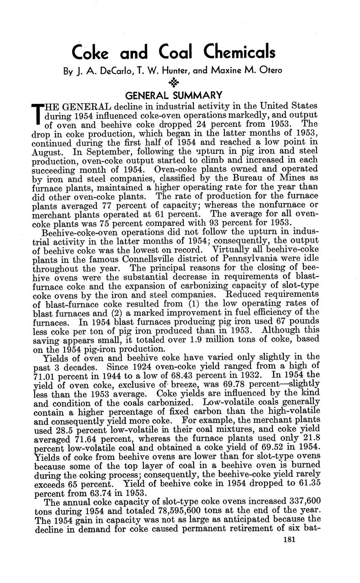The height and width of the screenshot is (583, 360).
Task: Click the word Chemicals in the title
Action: [x=239, y=52]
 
